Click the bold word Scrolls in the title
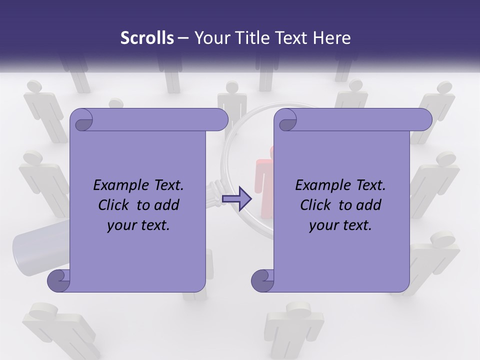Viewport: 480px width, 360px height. [147, 38]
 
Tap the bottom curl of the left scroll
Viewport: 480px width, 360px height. [58, 280]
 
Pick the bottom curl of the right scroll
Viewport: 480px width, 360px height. [262, 280]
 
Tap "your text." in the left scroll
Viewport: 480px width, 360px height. [138, 225]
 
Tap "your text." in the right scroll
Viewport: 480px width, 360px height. [340, 225]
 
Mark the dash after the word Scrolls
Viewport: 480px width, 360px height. [183, 38]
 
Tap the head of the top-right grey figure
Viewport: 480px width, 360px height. [445, 88]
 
